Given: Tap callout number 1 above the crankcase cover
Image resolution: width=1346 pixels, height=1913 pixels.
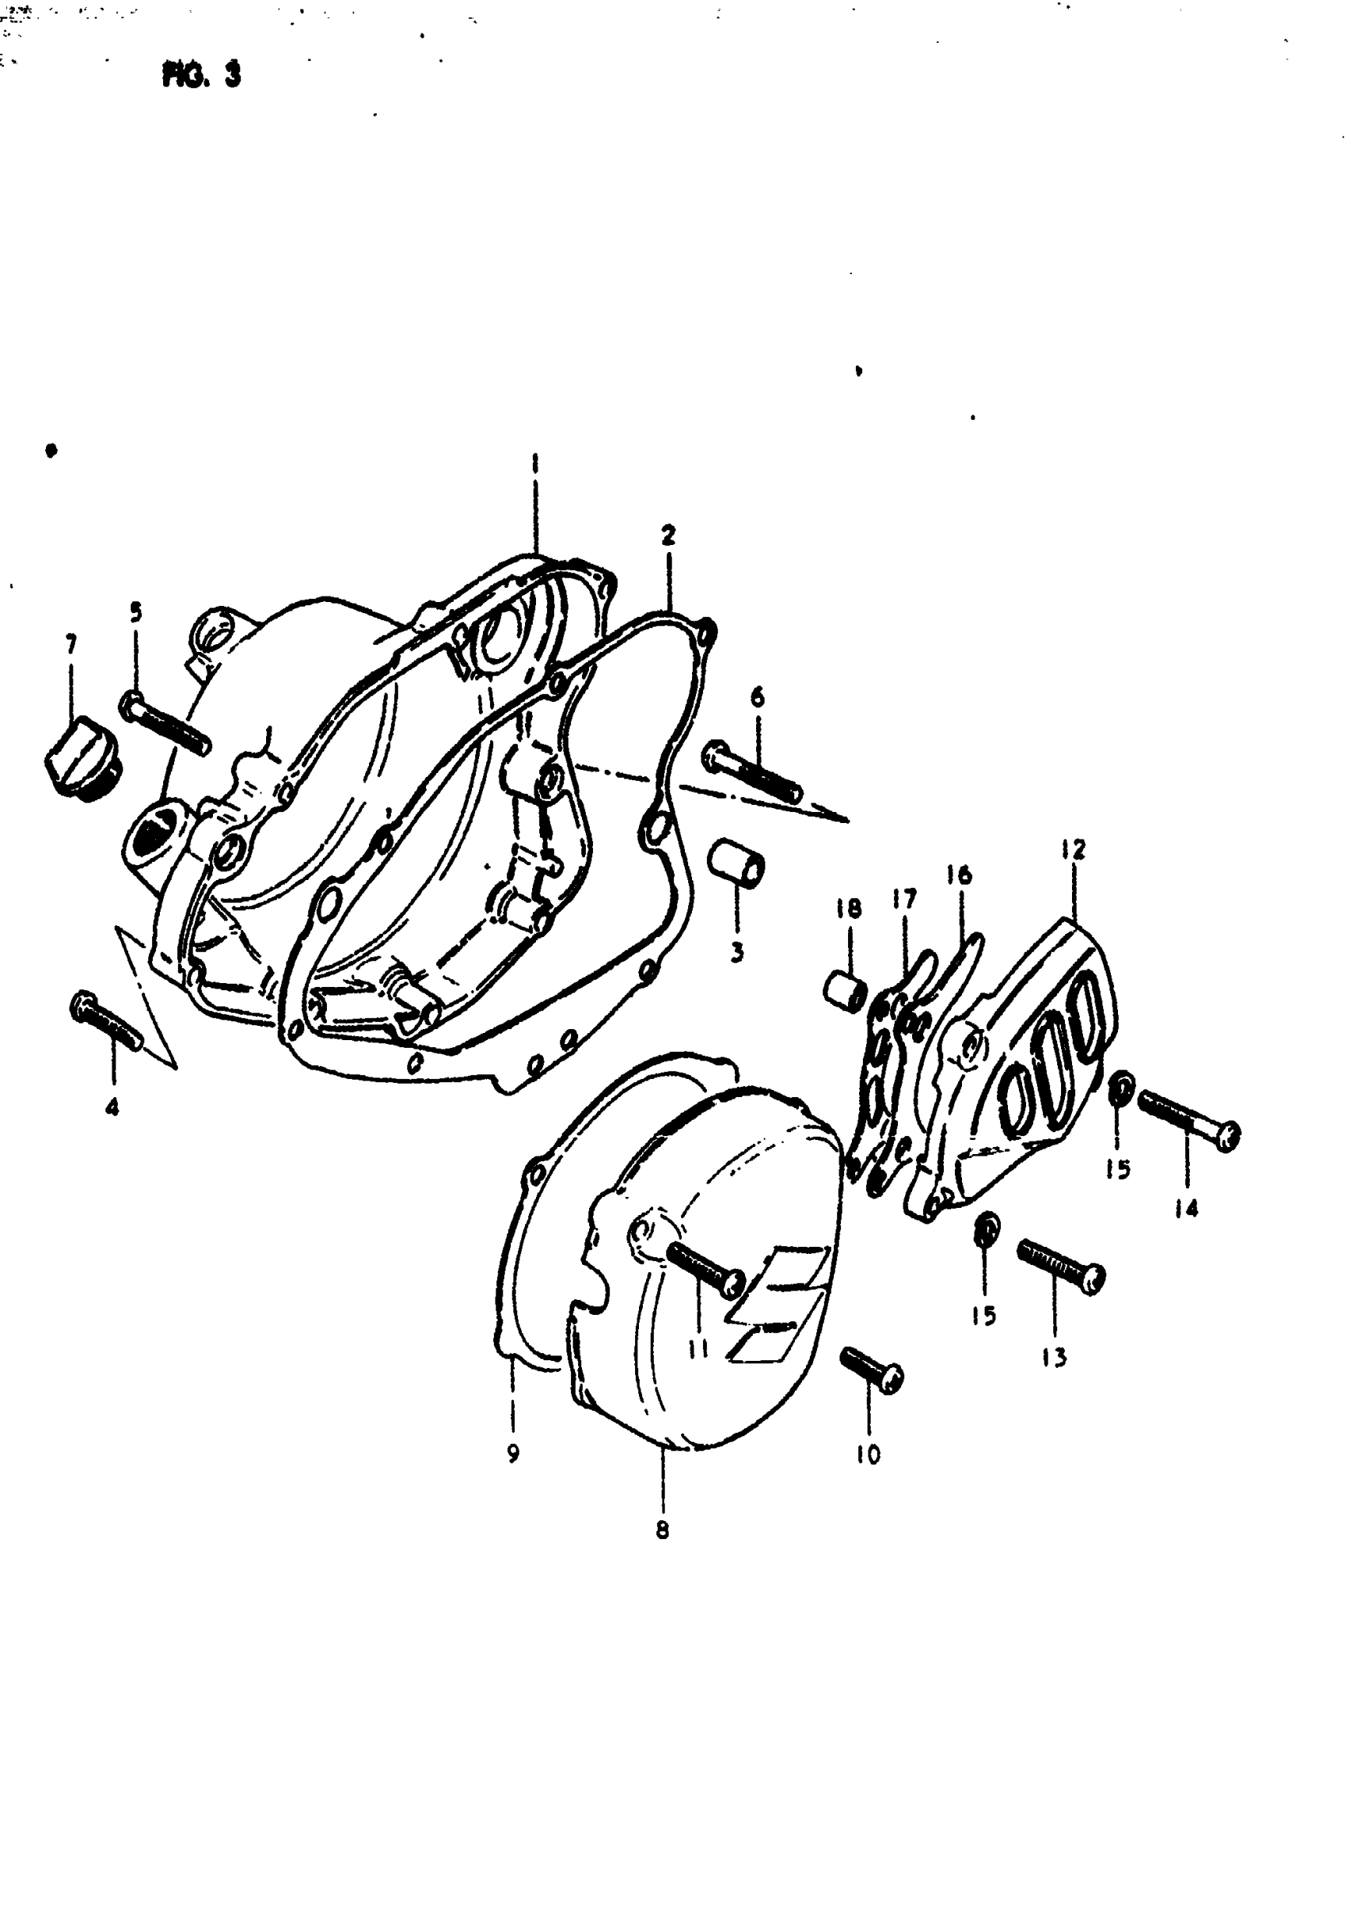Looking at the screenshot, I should point(535,462).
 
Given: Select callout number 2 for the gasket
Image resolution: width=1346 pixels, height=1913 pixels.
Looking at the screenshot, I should point(668,535).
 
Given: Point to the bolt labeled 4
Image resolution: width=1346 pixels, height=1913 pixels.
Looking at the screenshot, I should point(107,1022).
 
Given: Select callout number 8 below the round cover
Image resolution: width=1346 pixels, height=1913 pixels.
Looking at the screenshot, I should point(662,1530).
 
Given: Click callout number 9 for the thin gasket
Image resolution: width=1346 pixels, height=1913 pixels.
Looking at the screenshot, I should point(513,1453).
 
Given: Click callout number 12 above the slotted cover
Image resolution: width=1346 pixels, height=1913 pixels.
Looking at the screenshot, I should point(1074,850).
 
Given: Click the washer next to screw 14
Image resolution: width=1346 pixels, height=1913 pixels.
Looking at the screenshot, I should point(1121,1088).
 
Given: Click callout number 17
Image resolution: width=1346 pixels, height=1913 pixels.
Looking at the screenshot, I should point(903,898).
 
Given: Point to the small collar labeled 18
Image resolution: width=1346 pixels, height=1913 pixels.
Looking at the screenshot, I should point(844,991).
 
